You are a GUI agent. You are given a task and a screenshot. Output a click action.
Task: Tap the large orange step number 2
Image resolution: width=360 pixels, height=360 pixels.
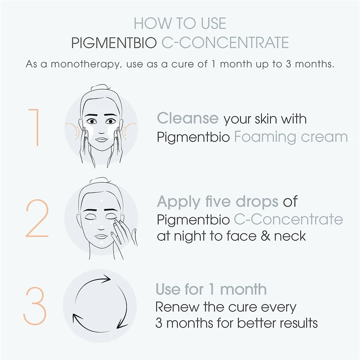tap(37, 218)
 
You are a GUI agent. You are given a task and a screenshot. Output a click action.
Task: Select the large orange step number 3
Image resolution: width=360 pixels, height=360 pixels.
tap(35, 306)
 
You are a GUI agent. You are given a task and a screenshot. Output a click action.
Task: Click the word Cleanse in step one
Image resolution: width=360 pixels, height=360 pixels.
tap(188, 118)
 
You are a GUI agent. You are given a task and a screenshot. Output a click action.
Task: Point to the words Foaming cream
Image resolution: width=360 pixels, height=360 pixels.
tap(291, 137)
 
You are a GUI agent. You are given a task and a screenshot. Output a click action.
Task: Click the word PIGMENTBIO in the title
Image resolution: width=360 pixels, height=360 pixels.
tap(114, 42)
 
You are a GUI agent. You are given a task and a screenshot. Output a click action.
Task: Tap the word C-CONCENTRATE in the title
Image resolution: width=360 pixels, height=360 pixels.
tap(225, 42)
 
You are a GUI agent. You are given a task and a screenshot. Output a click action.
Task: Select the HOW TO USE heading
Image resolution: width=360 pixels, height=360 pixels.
tap(180, 23)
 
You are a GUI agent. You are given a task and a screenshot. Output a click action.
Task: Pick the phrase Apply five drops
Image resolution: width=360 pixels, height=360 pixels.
tap(218, 202)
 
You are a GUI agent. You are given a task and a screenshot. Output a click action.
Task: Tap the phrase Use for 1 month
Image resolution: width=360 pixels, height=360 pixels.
tap(211, 289)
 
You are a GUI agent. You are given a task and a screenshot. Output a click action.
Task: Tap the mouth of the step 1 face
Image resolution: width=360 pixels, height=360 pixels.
tap(101, 139)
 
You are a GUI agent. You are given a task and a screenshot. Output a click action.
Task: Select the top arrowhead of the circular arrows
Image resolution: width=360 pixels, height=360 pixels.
tap(106, 279)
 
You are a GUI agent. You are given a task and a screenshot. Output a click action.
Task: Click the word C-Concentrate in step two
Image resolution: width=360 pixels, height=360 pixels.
tap(288, 219)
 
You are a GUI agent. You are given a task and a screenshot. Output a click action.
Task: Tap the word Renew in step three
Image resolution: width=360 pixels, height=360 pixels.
tap(177, 307)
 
